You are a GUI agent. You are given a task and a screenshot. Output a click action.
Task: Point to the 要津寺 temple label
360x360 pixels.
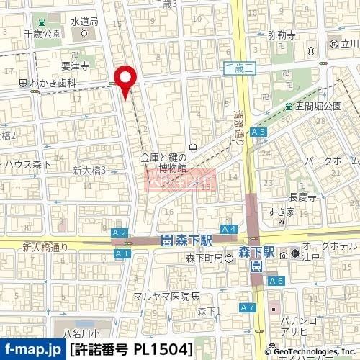tap(73, 66)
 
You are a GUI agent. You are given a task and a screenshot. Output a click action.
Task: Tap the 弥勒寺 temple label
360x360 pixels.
tap(282, 35)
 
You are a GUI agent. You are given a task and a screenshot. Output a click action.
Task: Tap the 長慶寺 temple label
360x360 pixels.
tap(302, 195)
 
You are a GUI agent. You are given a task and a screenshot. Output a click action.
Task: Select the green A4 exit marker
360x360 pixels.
tap(228, 229)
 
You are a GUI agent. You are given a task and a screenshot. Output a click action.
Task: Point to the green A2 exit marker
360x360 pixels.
tap(120, 233)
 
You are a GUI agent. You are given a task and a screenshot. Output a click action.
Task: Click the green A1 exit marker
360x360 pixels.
tap(121, 253)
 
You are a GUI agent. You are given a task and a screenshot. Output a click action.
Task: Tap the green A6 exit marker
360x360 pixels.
tap(275, 281)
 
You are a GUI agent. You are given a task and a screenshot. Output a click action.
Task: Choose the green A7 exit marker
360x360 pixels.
tap(248, 308)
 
